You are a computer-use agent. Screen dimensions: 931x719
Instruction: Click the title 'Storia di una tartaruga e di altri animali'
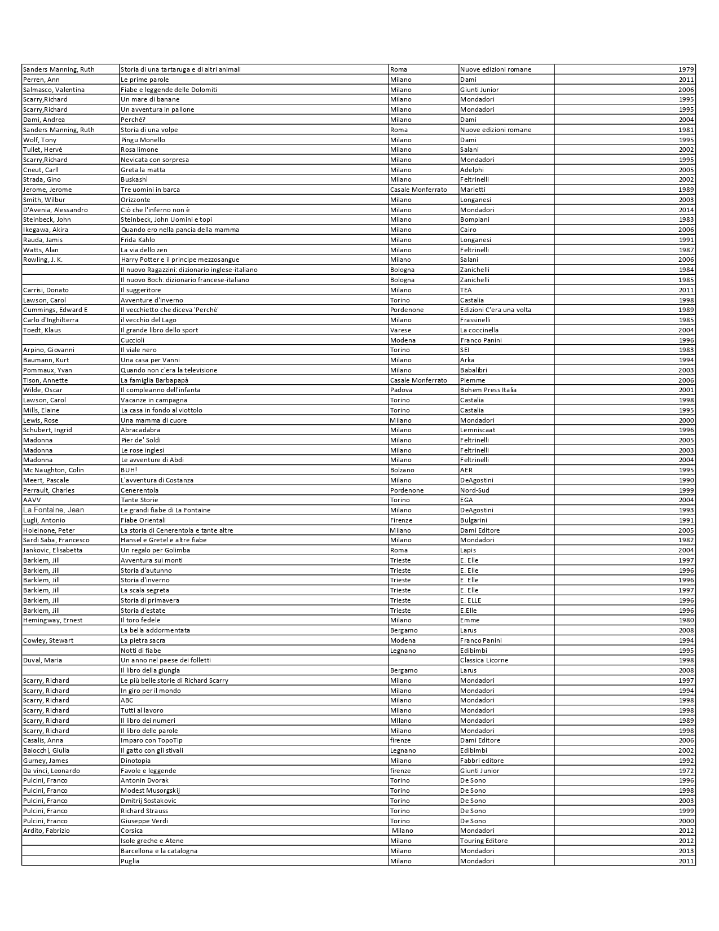pyautogui.click(x=180, y=69)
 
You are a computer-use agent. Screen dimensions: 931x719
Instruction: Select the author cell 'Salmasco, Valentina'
pyautogui.click(x=54, y=90)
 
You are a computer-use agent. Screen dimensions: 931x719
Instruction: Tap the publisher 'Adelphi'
pyautogui.click(x=472, y=170)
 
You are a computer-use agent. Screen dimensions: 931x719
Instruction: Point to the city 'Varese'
pyautogui.click(x=400, y=330)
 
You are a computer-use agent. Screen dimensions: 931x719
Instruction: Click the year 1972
pyautogui.click(x=686, y=771)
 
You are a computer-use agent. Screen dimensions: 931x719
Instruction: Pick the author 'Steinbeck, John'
pyautogui.click(x=47, y=219)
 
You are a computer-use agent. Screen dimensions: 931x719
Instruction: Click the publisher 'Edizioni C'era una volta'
pyautogui.click(x=496, y=310)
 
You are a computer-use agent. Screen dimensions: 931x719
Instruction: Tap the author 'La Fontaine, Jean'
pyautogui.click(x=53, y=510)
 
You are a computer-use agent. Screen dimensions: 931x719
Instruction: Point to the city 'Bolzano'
pyautogui.click(x=402, y=470)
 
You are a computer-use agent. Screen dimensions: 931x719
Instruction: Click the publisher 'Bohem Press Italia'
pyautogui.click(x=488, y=390)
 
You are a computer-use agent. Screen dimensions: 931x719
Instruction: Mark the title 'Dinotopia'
pyautogui.click(x=135, y=761)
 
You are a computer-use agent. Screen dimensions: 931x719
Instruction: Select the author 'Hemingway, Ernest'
pyautogui.click(x=52, y=620)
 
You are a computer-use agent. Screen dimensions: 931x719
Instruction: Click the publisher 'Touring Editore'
pyautogui.click(x=484, y=841)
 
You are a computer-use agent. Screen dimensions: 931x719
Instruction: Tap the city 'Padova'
pyautogui.click(x=401, y=390)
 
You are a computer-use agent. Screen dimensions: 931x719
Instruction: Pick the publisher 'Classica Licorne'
pyautogui.click(x=484, y=660)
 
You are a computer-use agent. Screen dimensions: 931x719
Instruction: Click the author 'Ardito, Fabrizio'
pyautogui.click(x=46, y=831)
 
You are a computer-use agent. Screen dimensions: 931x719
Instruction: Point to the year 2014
pyautogui.click(x=686, y=210)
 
